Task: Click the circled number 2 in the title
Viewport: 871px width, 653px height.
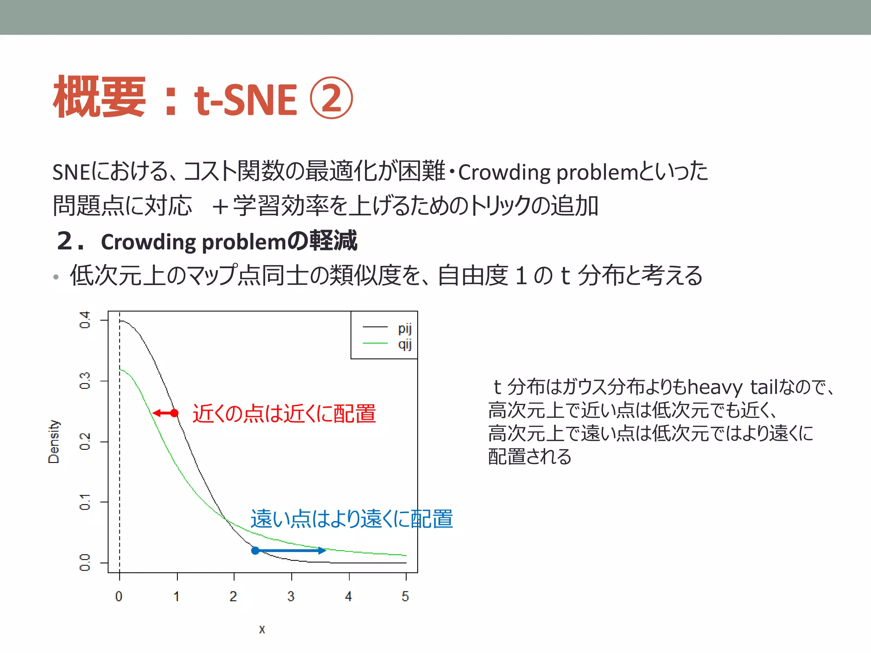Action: (331, 98)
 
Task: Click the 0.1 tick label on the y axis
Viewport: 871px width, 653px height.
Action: (85, 502)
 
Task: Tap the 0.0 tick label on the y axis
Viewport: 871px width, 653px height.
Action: (85, 562)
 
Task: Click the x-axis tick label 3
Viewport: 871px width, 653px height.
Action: (291, 596)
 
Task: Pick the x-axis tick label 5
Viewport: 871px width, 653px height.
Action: (405, 596)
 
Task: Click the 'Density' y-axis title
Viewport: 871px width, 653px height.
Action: (54, 441)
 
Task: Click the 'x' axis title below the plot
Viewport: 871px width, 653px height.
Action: (262, 629)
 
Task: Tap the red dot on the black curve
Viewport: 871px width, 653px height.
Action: (174, 413)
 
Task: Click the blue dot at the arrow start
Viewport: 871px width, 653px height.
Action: (255, 551)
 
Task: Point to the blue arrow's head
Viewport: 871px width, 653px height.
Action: (323, 551)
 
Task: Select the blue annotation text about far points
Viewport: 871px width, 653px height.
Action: (351, 519)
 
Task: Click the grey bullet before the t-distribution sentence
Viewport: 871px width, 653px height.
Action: (56, 277)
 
